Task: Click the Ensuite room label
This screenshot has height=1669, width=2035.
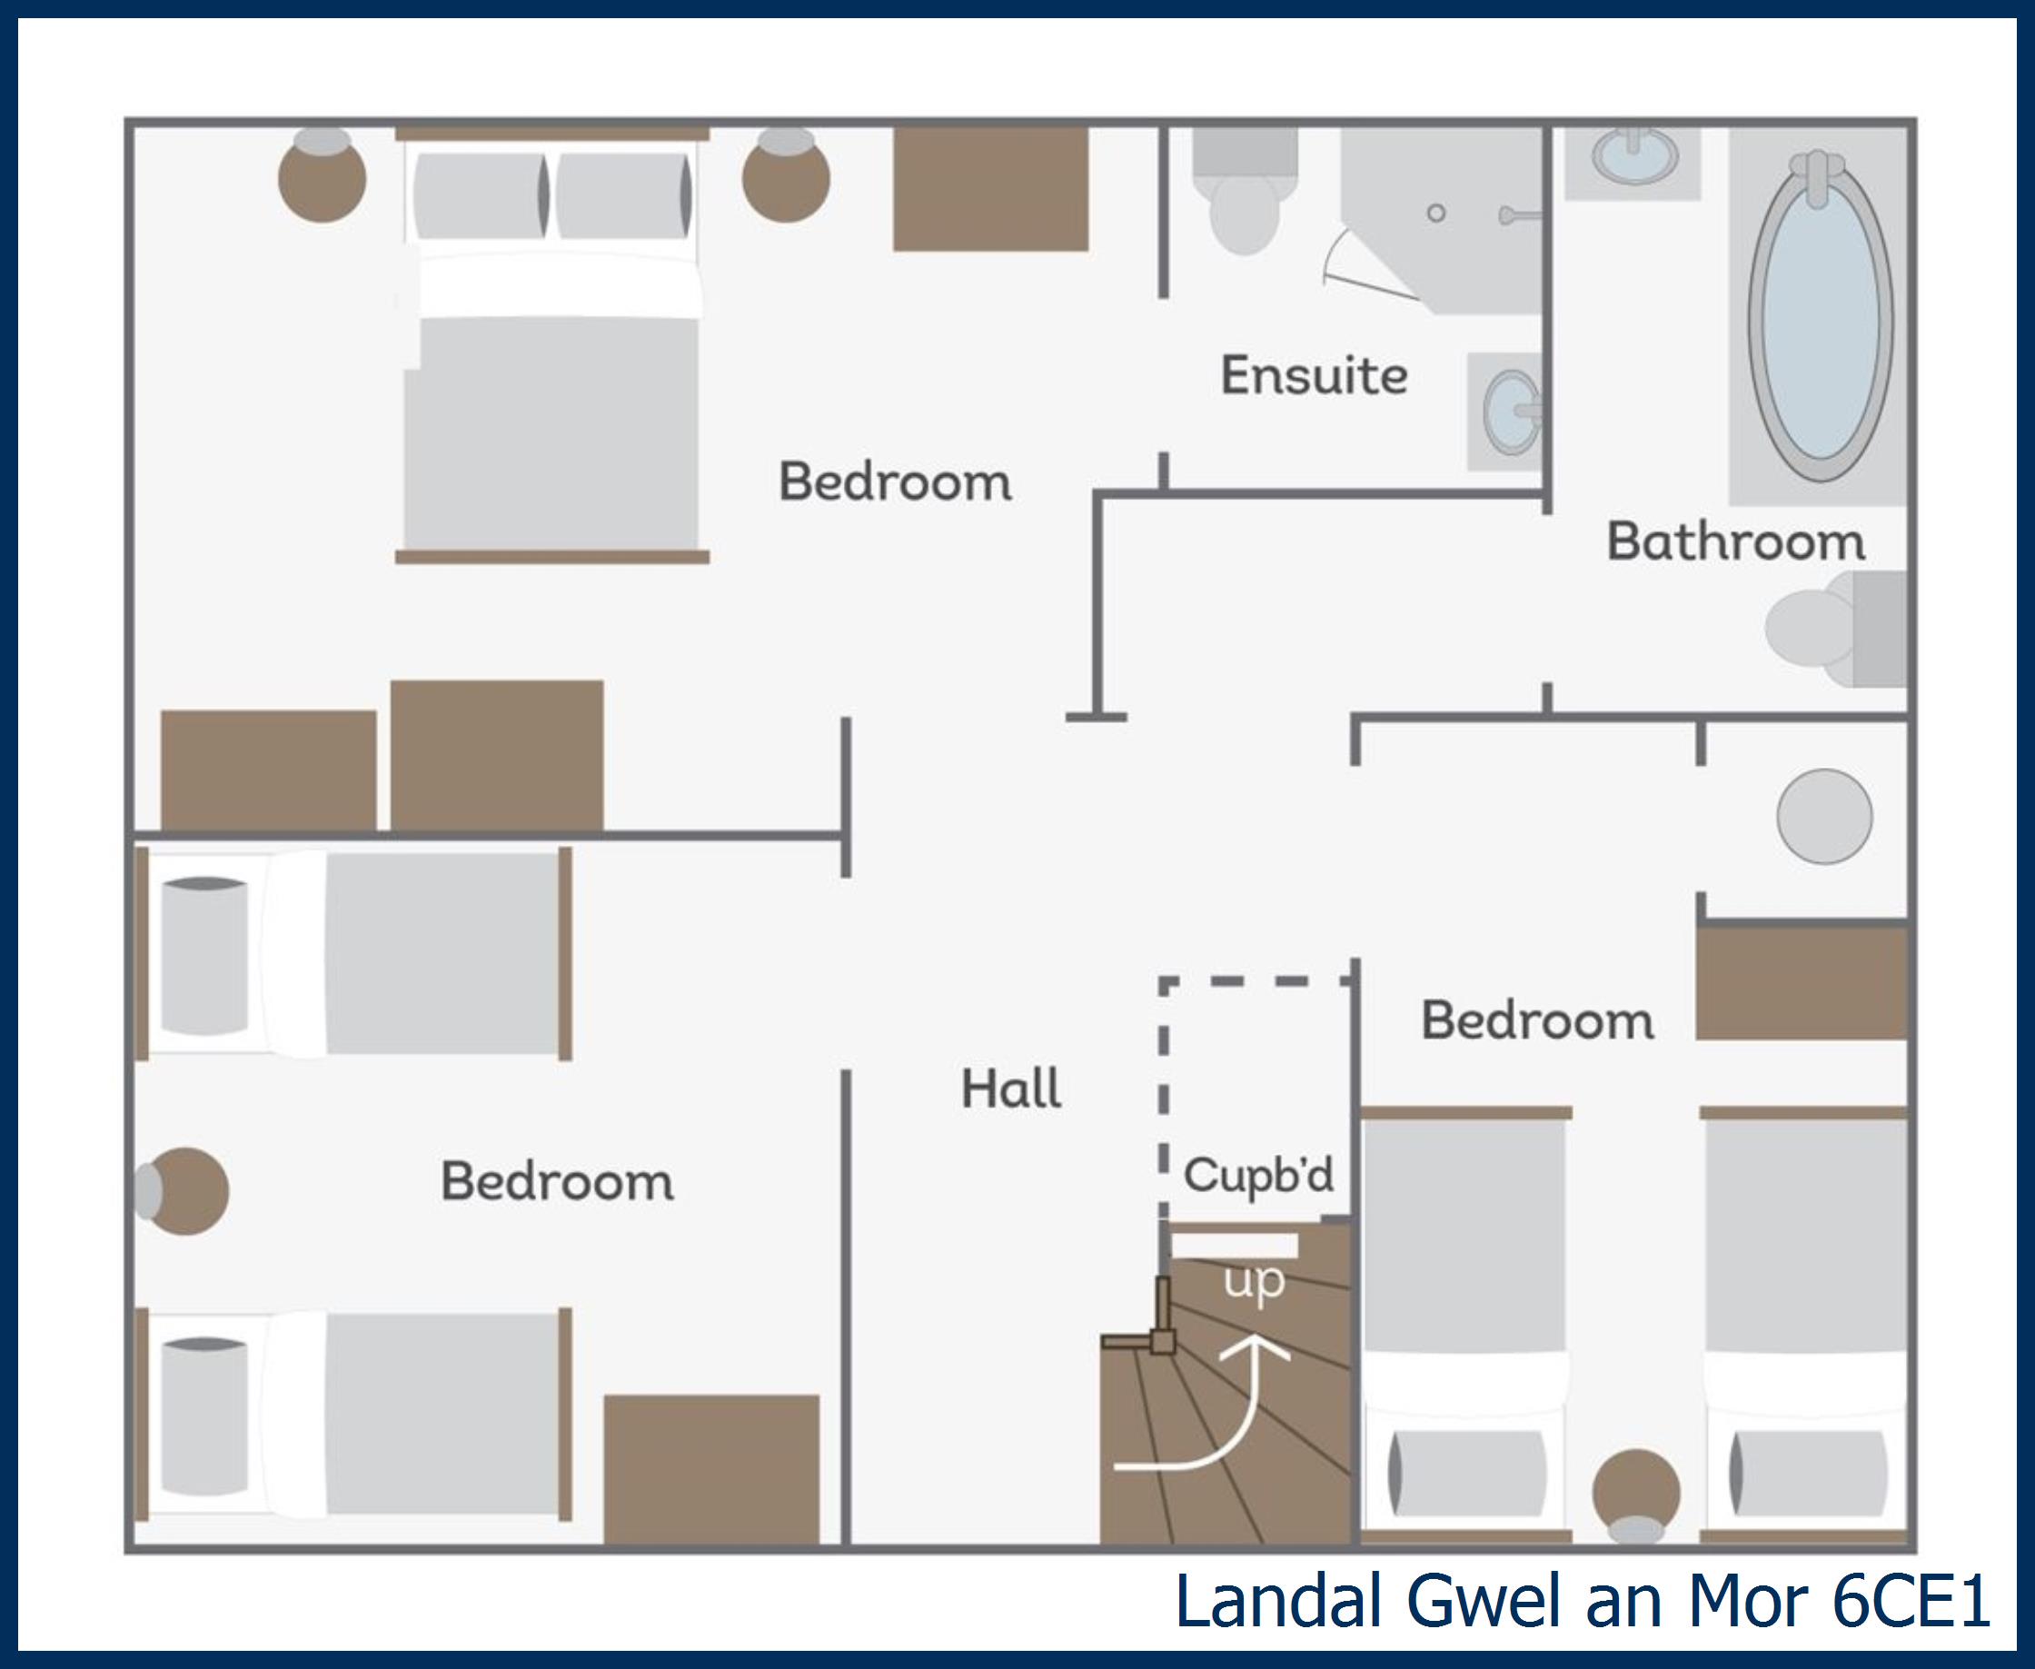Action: [x=1313, y=375]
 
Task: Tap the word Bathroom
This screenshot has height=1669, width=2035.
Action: [x=1735, y=541]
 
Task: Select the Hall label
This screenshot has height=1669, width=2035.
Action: [x=1010, y=1089]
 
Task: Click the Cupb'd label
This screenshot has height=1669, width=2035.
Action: [x=1257, y=1175]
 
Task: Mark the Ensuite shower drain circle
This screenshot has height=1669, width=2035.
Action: [x=1436, y=214]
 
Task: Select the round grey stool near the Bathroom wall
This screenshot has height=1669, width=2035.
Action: [x=1823, y=816]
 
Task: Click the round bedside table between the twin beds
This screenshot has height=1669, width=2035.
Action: [x=1636, y=1491]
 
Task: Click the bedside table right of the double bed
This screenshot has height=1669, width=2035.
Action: [x=785, y=178]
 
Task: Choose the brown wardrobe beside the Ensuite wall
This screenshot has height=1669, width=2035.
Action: [x=990, y=189]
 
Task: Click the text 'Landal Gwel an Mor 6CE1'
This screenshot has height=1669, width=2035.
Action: [x=1582, y=1601]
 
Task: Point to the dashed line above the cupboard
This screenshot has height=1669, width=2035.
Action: [x=1255, y=980]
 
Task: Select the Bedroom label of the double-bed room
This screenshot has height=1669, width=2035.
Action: [x=894, y=481]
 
